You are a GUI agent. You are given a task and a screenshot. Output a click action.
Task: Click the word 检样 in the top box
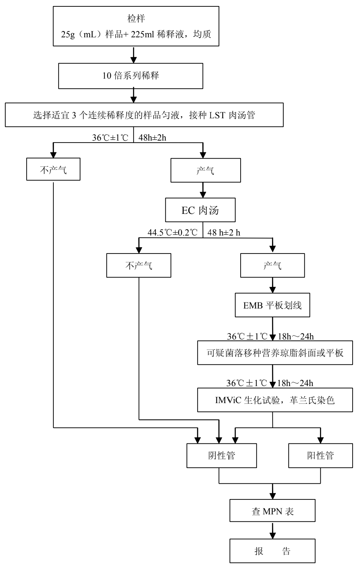point(136,19)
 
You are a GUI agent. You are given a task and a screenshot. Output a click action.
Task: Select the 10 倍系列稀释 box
point(131,76)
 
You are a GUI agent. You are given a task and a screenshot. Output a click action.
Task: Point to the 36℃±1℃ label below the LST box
point(110,138)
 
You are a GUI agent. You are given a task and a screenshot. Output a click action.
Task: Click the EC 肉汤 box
point(200,211)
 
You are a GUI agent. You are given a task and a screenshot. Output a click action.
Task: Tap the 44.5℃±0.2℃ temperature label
point(173,233)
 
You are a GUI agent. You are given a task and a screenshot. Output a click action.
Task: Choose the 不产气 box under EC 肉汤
point(139,266)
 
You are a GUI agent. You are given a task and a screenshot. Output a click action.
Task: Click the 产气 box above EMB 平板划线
point(272,266)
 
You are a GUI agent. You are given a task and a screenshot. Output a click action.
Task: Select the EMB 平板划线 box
point(272,305)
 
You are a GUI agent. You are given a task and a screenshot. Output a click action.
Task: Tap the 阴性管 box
point(221,455)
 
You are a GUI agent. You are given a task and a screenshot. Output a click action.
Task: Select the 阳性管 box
point(320,455)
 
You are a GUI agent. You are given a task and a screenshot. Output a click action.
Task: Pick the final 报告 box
point(272,551)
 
